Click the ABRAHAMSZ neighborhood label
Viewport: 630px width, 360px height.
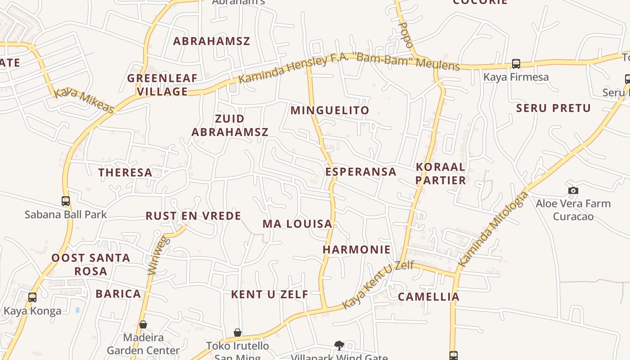point(211,41)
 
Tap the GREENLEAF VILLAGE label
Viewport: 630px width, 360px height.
point(162,85)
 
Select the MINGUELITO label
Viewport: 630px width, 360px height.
point(330,110)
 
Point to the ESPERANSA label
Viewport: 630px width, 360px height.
point(361,171)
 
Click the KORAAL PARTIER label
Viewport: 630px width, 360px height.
point(441,173)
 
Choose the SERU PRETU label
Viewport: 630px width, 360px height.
point(553,108)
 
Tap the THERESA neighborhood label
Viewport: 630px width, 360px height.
point(126,172)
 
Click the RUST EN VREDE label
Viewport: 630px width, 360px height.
point(193,216)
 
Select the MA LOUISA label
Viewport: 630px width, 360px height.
point(297,224)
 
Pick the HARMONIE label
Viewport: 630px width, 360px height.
point(357,249)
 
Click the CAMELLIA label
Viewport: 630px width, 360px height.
point(428,297)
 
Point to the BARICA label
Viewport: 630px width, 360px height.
point(118,294)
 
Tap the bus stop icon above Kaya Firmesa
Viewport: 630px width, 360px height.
point(516,64)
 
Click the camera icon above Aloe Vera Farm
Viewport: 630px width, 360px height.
point(573,190)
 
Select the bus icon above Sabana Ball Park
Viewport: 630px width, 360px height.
point(66,201)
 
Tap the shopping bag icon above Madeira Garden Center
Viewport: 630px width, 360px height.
point(143,324)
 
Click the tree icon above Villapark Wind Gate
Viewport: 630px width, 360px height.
point(339,345)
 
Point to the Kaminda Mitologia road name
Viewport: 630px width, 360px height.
point(493,229)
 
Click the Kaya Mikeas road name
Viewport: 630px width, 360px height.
point(84,100)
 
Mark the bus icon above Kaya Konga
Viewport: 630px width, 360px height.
point(32,297)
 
